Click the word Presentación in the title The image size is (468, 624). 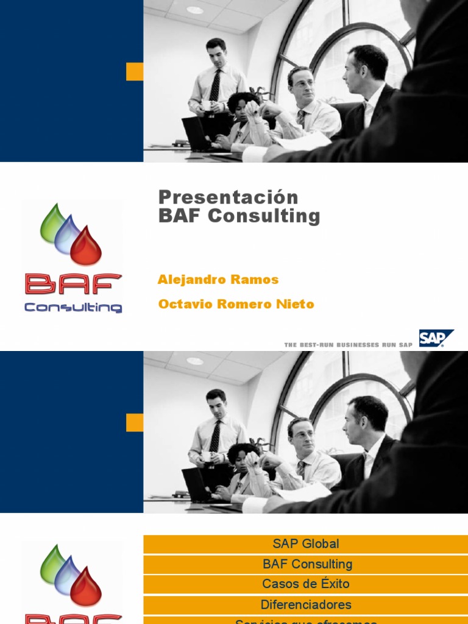click(x=229, y=197)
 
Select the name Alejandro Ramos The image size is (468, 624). click(x=218, y=280)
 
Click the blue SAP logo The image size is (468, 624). click(x=436, y=338)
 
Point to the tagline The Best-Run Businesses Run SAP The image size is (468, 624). click(x=349, y=345)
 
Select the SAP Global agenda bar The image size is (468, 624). click(x=305, y=544)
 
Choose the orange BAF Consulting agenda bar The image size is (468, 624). click(x=305, y=564)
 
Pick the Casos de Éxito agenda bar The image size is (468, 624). click(x=305, y=584)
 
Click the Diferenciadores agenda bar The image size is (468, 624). click(x=305, y=604)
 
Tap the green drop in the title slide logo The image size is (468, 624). click(x=52, y=224)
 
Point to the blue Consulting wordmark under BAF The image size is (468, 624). click(x=73, y=307)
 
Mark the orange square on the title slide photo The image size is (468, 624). click(x=135, y=71)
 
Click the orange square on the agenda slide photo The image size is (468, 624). click(x=135, y=422)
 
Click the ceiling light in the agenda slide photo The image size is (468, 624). click(x=195, y=361)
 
